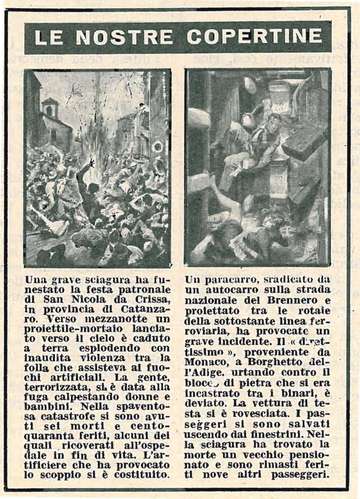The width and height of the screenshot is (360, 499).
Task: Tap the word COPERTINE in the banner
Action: pos(254,36)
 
